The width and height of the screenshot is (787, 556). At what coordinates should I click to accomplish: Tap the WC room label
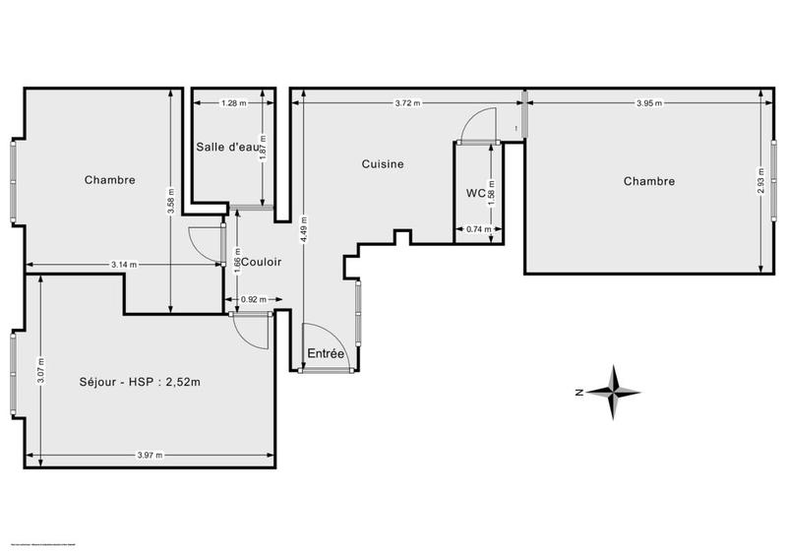point(476,193)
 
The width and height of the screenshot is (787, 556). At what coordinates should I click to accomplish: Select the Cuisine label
point(383,164)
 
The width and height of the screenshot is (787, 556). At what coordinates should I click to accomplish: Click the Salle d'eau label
point(229,147)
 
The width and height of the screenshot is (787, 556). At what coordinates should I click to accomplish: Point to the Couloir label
point(262,263)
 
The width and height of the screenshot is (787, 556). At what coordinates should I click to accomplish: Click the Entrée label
point(326,353)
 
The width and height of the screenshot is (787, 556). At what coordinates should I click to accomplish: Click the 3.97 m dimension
point(150,455)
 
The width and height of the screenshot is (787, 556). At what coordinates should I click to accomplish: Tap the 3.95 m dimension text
point(648,102)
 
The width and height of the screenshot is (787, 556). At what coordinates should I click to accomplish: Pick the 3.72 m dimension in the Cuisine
point(407,102)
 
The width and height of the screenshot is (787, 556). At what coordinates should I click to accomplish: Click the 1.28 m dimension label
point(233,102)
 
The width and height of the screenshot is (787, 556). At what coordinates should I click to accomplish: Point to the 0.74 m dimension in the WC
point(478,229)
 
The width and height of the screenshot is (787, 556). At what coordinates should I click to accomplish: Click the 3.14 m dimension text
point(123,265)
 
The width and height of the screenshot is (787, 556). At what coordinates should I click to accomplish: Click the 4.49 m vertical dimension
point(304,232)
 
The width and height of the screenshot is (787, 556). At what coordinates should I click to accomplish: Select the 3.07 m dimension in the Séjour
point(39,368)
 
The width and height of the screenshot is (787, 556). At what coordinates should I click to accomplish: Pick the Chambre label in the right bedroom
point(649,181)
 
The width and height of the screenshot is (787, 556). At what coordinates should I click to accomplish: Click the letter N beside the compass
point(580,392)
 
